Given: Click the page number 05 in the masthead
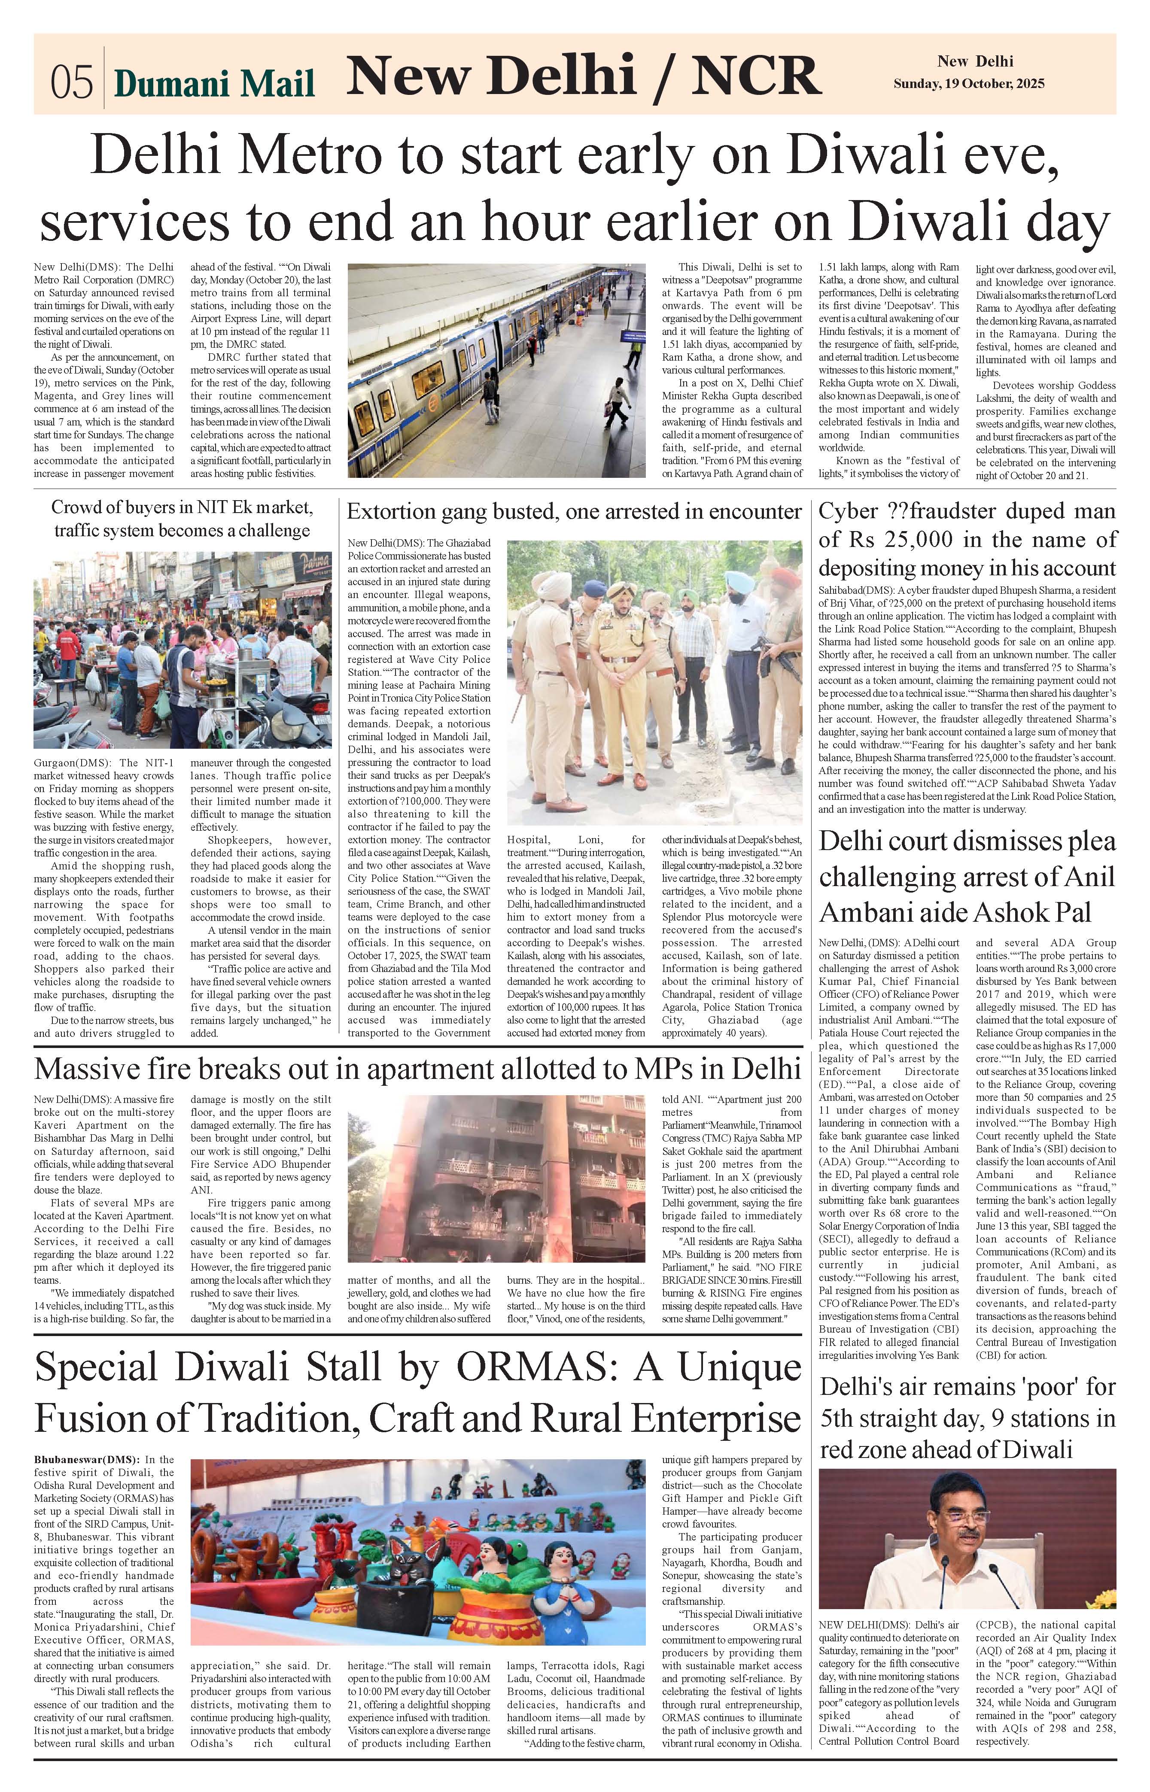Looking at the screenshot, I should [72, 82].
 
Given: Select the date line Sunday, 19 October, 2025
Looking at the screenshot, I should [968, 84].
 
